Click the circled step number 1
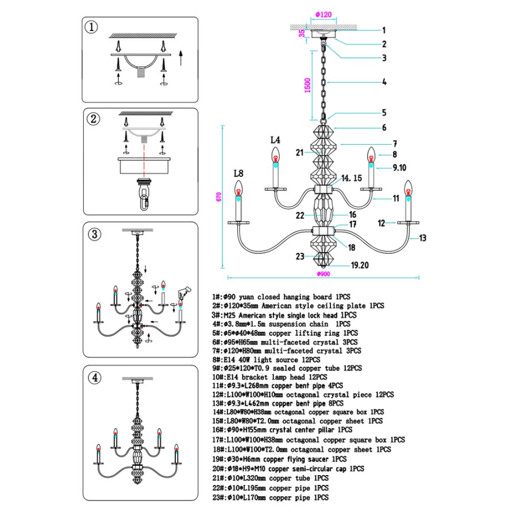(91, 27)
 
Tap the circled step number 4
(95, 377)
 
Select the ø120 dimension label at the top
(323, 14)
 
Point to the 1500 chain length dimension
(307, 86)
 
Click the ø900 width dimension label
(323, 273)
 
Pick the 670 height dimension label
(219, 197)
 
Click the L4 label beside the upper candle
(275, 140)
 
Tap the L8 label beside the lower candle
(238, 173)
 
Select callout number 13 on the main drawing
(423, 238)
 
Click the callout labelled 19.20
(360, 265)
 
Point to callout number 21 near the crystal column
(299, 153)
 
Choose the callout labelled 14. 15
(352, 178)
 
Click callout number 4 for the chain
(384, 82)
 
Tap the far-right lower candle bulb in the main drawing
(408, 188)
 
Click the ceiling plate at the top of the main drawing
(324, 34)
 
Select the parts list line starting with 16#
(282, 430)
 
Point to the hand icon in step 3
(183, 292)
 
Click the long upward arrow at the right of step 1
(180, 58)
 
